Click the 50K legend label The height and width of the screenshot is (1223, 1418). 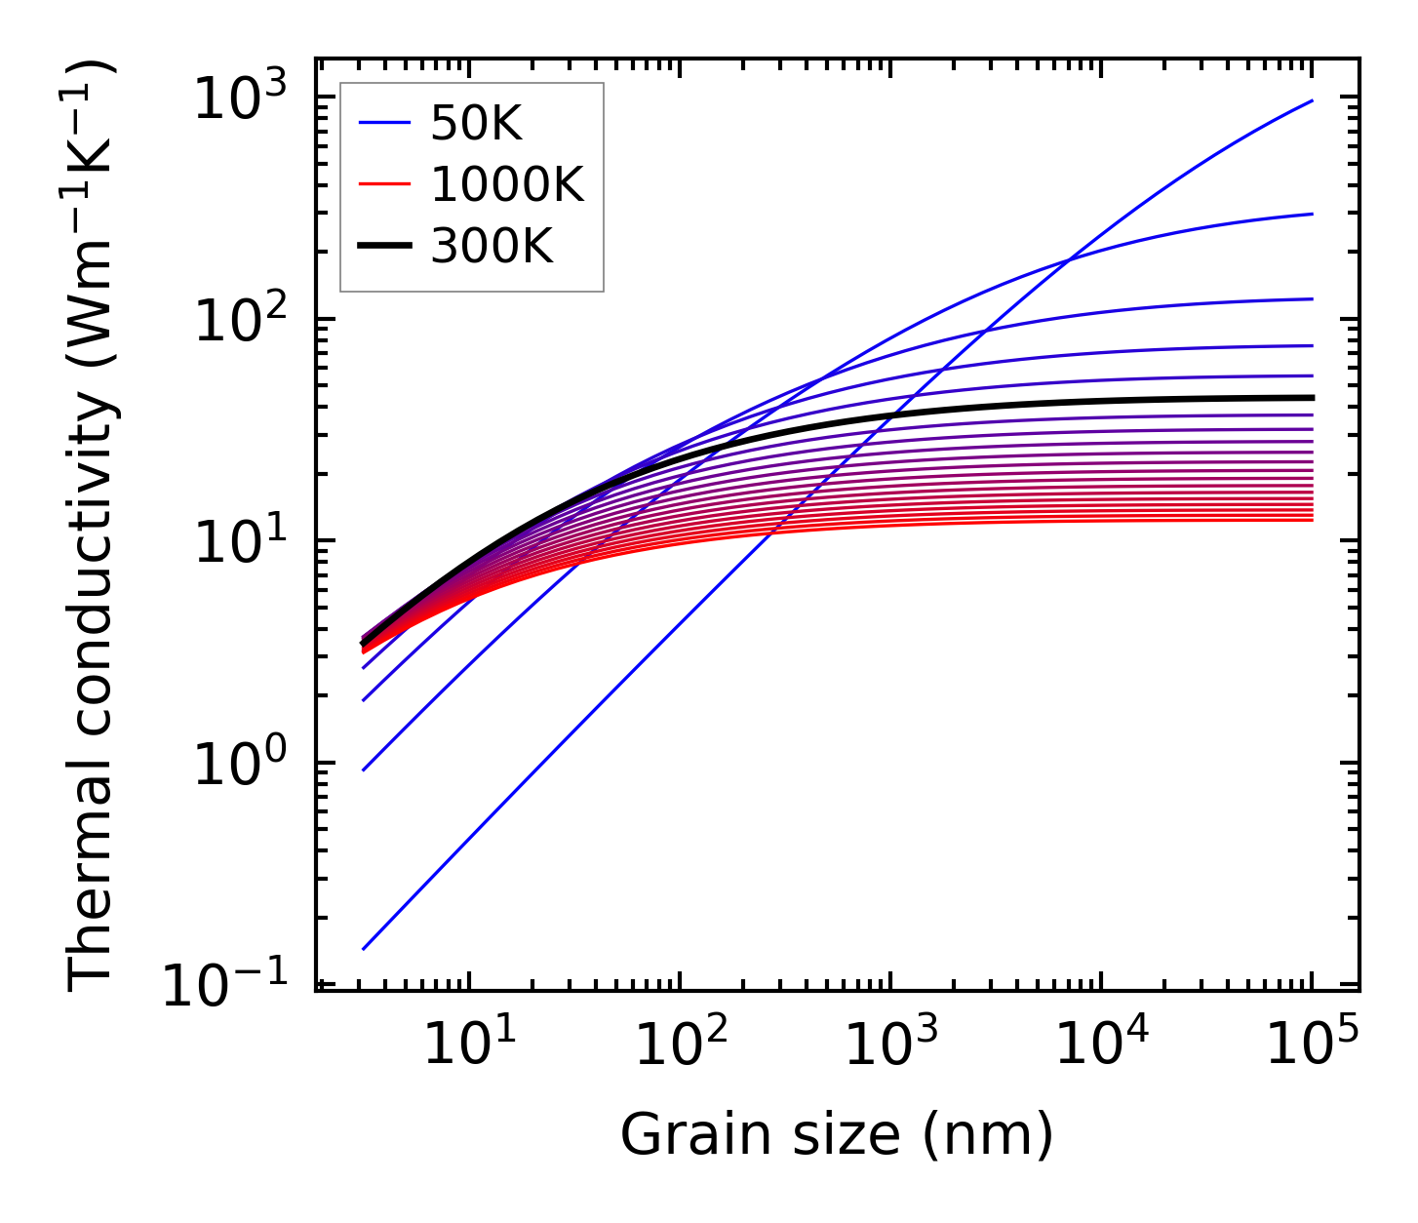(x=476, y=124)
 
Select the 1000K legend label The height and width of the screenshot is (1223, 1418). (x=507, y=184)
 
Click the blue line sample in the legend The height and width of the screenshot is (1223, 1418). (x=386, y=124)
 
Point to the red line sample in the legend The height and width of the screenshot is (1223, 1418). (x=386, y=184)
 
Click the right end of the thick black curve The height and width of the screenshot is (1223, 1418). (x=1313, y=397)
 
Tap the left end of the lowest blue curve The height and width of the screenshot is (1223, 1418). (x=363, y=948)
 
